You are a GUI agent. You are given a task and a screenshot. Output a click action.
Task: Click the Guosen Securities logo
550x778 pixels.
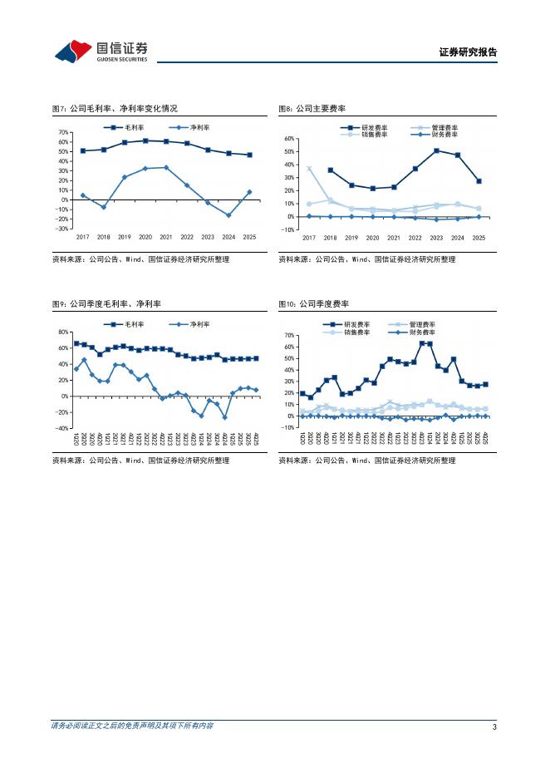pyautogui.click(x=101, y=51)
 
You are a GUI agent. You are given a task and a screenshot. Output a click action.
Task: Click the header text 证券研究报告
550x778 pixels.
pyautogui.click(x=467, y=52)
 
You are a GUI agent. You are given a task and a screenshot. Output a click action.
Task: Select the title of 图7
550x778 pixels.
pyautogui.click(x=114, y=108)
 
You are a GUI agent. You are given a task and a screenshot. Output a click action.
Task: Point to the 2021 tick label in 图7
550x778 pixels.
pyautogui.click(x=165, y=237)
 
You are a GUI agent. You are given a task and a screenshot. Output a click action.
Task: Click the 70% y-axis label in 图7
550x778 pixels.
pyautogui.click(x=62, y=132)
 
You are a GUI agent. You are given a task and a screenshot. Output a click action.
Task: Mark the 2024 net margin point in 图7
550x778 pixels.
pyautogui.click(x=228, y=215)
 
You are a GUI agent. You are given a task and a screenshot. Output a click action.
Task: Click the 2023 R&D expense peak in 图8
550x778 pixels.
pyautogui.click(x=436, y=150)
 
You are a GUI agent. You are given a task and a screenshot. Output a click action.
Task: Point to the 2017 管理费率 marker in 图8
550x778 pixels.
pyautogui.click(x=309, y=169)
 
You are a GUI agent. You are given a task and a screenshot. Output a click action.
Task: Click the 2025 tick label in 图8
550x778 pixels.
pyautogui.click(x=479, y=238)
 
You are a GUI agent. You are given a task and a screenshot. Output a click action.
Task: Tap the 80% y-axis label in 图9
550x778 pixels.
pyautogui.click(x=62, y=332)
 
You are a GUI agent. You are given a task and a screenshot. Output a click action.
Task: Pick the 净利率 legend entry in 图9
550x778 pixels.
pyautogui.click(x=195, y=324)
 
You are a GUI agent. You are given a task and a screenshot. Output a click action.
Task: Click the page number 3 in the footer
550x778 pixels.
pyautogui.click(x=494, y=727)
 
